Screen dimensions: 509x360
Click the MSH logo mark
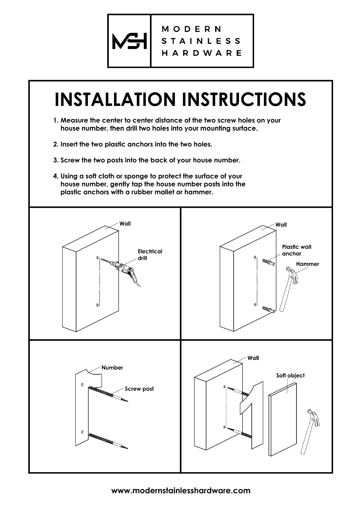pyautogui.click(x=129, y=41)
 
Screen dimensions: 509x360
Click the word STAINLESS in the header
pyautogui.click(x=201, y=41)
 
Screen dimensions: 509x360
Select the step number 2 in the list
pyautogui.click(x=56, y=144)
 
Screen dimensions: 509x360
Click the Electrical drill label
pyautogui.click(x=150, y=255)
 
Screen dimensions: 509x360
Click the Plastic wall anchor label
pyautogui.click(x=296, y=250)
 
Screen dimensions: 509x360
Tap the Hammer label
pyautogui.click(x=307, y=264)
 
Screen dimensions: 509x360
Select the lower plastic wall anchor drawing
pyautogui.click(x=268, y=310)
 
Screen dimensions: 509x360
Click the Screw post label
pyautogui.click(x=139, y=389)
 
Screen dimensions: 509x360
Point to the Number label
pyautogui.click(x=112, y=368)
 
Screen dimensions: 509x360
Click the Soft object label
pyautogui.click(x=290, y=376)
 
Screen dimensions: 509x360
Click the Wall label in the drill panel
pyautogui.click(x=125, y=224)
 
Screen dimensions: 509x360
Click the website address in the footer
pyautogui.click(x=181, y=491)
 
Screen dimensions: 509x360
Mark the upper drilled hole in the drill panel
pyautogui.click(x=97, y=257)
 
